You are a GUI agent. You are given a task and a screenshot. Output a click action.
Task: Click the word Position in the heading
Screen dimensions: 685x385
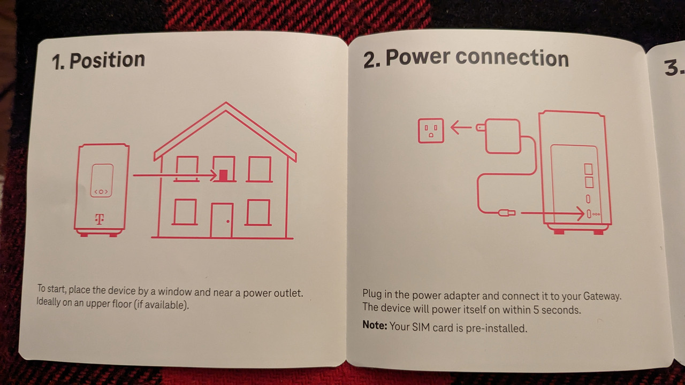pyautogui.click(x=107, y=60)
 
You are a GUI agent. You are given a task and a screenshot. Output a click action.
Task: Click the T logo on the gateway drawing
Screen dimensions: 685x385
pyautogui.click(x=100, y=219)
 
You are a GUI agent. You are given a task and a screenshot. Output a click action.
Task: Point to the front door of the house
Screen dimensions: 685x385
pyautogui.click(x=222, y=220)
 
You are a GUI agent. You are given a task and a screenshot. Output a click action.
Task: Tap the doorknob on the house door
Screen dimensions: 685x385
pyautogui.click(x=228, y=221)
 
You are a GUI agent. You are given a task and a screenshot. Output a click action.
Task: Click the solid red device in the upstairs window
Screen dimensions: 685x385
pyautogui.click(x=224, y=175)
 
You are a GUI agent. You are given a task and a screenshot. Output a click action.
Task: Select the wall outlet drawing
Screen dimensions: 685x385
pyautogui.click(x=431, y=131)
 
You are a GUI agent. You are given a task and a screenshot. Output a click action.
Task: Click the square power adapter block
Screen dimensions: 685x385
pyautogui.click(x=503, y=136)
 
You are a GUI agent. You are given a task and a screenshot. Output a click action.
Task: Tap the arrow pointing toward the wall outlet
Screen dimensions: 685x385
pyautogui.click(x=461, y=127)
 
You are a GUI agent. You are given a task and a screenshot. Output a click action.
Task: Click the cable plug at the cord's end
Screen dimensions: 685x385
pyautogui.click(x=506, y=213)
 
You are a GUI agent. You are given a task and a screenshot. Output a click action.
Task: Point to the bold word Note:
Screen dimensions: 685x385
pyautogui.click(x=375, y=325)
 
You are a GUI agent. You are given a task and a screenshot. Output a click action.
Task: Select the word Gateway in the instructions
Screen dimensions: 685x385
pyautogui.click(x=602, y=296)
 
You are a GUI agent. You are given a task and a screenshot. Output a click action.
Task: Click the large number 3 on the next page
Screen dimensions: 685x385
pyautogui.click(x=672, y=67)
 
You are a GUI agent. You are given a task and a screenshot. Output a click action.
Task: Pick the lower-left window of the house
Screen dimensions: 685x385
pyautogui.click(x=185, y=212)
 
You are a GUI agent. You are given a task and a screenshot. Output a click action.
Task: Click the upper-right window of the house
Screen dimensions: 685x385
pyautogui.click(x=260, y=170)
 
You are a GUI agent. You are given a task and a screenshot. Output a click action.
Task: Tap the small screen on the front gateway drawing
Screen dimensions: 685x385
pyautogui.click(x=102, y=180)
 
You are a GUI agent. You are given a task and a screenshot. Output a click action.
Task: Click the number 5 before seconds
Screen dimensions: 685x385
pyautogui.click(x=536, y=310)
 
